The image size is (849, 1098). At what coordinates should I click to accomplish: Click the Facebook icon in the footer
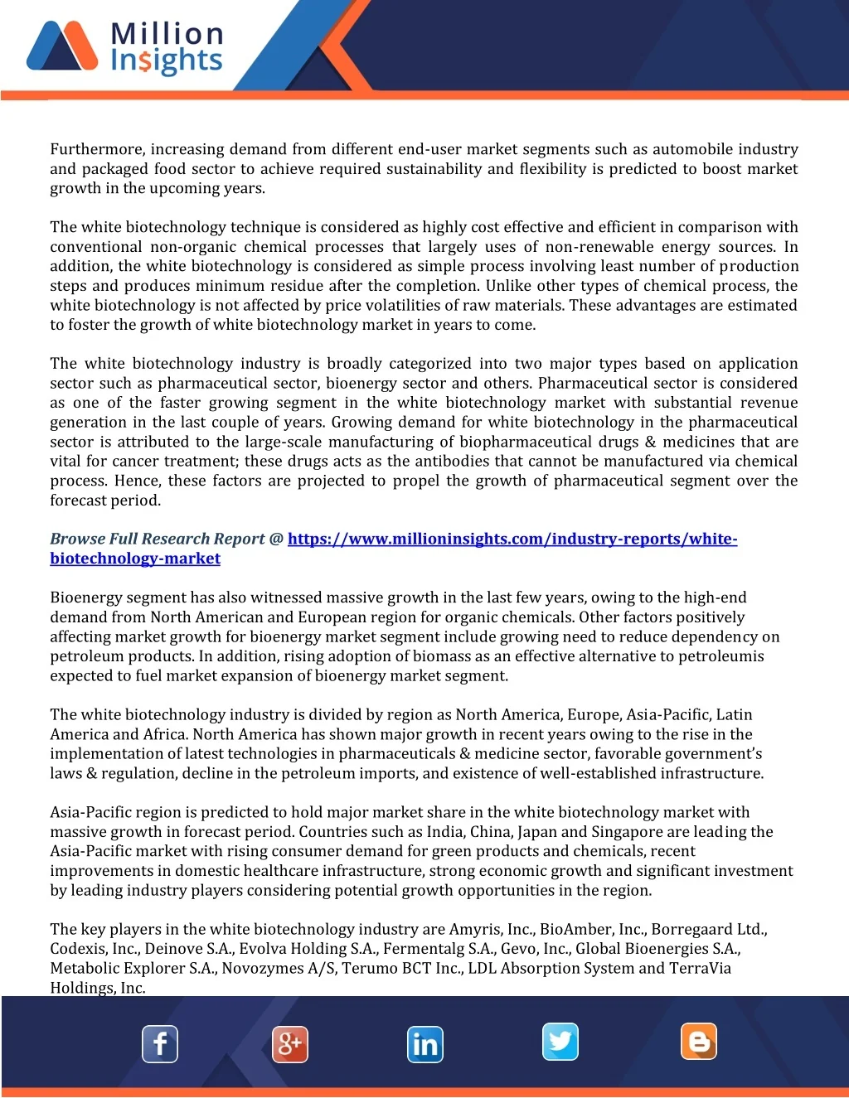click(160, 1043)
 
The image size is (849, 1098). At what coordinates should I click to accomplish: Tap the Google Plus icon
click(290, 1043)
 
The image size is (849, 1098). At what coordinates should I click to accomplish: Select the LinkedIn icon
click(425, 1044)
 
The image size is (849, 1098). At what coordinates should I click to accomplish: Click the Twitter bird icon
click(560, 1042)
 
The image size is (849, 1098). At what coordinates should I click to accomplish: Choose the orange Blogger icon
click(699, 1042)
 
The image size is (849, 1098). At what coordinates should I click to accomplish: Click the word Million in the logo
click(167, 33)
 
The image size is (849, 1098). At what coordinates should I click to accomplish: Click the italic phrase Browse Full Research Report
click(158, 539)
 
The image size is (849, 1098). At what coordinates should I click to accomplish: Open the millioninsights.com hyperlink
click(512, 539)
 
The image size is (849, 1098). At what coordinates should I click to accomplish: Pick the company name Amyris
click(476, 929)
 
